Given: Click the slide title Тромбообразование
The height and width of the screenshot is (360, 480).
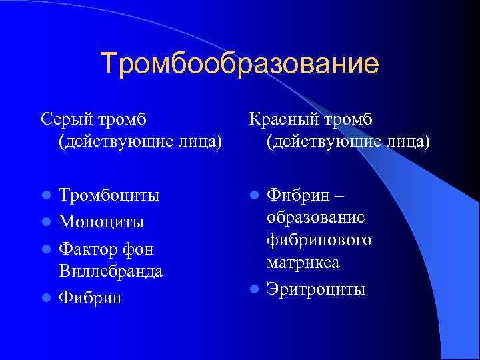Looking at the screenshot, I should coord(240,64).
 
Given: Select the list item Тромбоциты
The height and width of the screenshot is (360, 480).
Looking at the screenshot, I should coord(109,196).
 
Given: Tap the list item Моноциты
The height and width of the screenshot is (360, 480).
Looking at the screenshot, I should coord(101,221).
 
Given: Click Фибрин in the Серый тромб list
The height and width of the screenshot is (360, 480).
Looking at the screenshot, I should coord(91,297).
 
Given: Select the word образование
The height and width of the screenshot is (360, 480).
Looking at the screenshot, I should coord(315,218).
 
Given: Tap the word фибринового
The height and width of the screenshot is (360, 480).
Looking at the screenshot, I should coord(319,240).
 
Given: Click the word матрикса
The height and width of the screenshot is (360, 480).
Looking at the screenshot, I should coord(303,263).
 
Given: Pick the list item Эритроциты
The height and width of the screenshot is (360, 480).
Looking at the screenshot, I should coord(316,289).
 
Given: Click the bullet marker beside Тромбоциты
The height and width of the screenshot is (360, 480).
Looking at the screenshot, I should coord(46,196).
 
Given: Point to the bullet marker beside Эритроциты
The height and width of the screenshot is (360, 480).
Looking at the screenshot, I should coord(254,289).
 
